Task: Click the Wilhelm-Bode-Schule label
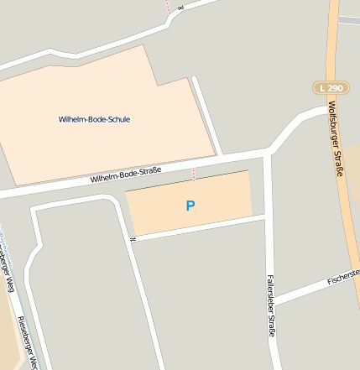[x=94, y=119]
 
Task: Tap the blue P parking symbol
[x=190, y=205]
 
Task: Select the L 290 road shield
[x=331, y=86]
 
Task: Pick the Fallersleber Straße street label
[x=270, y=306]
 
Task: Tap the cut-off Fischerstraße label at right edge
[x=343, y=274]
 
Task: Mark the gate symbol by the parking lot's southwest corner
[x=133, y=240]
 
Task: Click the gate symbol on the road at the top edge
[x=180, y=7]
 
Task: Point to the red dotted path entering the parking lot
[x=195, y=174]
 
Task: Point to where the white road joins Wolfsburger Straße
[x=328, y=108]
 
